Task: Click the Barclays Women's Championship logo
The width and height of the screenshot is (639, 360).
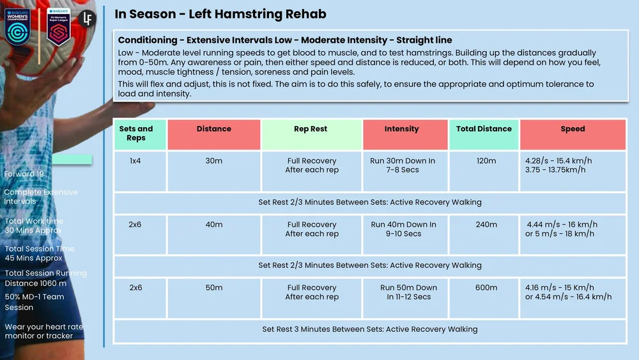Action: point(19,27)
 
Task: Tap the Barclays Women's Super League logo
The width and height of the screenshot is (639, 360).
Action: point(58,27)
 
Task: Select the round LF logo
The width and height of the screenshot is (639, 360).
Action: point(88,18)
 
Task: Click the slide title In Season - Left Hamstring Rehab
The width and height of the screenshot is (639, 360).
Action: point(220,14)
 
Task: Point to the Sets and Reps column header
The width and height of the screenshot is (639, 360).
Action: point(136,134)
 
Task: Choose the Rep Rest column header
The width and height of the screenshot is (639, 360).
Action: point(311,129)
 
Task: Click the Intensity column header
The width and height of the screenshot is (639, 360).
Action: point(401,129)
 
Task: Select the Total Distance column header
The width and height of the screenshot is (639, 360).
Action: point(484,129)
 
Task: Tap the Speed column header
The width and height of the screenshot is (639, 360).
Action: point(573,129)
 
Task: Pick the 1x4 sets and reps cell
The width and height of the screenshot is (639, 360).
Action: point(135,161)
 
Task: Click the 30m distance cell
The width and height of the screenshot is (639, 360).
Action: point(213,161)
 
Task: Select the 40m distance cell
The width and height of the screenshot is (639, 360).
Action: point(213,224)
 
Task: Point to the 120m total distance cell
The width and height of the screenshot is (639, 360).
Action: point(486,161)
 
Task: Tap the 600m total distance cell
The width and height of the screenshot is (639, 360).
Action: point(486,288)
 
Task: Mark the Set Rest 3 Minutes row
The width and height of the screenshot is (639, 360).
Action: point(369,329)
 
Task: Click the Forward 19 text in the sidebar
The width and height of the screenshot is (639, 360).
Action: point(24,174)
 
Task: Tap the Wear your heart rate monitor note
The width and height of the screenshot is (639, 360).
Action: point(43,331)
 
